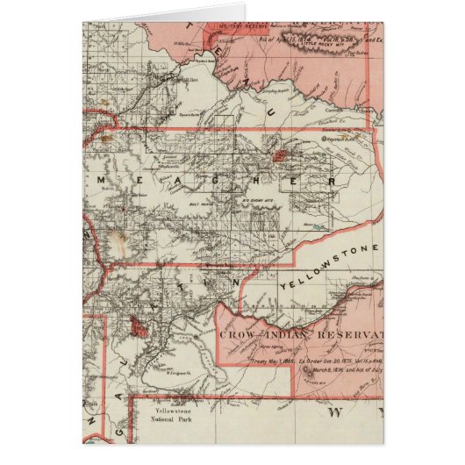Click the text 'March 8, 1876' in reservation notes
click(x=330, y=368)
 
